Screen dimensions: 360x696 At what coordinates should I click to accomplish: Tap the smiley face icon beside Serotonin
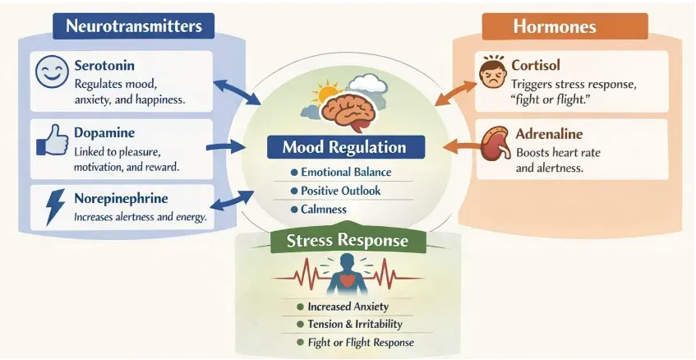pyautogui.click(x=50, y=72)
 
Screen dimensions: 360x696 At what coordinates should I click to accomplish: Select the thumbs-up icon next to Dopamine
pyautogui.click(x=50, y=141)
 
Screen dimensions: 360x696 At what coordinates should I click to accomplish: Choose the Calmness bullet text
pyautogui.click(x=323, y=210)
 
